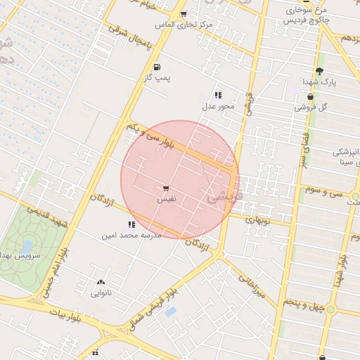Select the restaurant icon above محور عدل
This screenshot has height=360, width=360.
(218, 94)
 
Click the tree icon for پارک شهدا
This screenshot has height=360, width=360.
(320, 71)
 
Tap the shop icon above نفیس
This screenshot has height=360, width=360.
(166, 188)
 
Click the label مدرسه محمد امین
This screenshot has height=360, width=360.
(132, 235)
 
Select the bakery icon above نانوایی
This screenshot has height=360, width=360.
(100, 283)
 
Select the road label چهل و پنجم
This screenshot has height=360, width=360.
(302, 302)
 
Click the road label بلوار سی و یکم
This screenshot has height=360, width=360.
(159, 139)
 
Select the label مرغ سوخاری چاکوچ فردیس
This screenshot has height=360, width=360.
(307, 16)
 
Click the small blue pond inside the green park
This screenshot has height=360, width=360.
(27, 246)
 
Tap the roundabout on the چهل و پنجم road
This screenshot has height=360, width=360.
(330, 310)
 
